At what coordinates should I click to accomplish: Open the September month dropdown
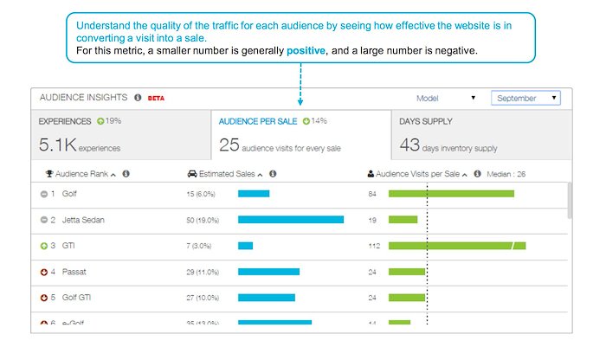pos(525,99)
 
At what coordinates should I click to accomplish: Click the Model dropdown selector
pos(445,99)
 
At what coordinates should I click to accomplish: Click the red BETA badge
pos(156,99)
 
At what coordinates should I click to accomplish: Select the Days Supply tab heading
pos(426,122)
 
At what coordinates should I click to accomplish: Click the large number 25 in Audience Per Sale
pos(229,145)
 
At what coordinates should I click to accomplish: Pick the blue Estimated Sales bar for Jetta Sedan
pos(290,220)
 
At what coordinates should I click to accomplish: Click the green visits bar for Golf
pos(451,194)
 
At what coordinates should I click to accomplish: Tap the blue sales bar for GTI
pos(245,246)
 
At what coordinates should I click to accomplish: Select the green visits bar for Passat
pos(407,272)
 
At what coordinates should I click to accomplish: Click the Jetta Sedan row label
pos(83,220)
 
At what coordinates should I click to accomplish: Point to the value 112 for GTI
pos(374,246)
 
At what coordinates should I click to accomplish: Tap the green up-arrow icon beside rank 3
pos(43,246)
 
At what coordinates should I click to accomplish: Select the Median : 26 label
pos(509,174)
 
